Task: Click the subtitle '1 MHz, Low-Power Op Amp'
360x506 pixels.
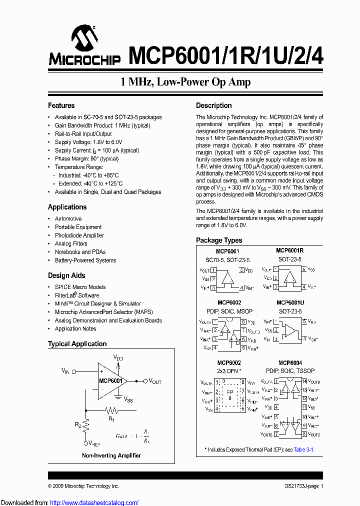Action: (185, 82)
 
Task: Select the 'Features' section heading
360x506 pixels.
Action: (61, 105)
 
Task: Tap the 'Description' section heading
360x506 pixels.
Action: (213, 105)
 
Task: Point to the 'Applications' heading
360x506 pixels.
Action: (67, 207)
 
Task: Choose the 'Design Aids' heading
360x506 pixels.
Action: (66, 275)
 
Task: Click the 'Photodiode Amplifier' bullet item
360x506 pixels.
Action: (79, 235)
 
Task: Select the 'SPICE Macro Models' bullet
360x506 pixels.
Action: (80, 287)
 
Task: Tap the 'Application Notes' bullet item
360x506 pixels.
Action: (75, 328)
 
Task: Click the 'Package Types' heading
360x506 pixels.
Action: (218, 240)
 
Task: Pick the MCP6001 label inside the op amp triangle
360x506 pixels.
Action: (110, 380)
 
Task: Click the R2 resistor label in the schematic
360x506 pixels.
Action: (77, 424)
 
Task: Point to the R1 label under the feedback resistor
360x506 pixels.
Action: (111, 419)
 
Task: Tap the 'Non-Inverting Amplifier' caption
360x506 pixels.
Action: (111, 455)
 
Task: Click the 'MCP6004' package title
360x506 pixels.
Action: (290, 363)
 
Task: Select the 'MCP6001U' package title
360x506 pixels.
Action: (290, 303)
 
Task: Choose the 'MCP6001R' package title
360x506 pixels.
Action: (290, 250)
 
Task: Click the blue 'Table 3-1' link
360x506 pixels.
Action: (303, 449)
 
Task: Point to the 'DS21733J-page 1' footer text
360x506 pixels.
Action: (300, 486)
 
